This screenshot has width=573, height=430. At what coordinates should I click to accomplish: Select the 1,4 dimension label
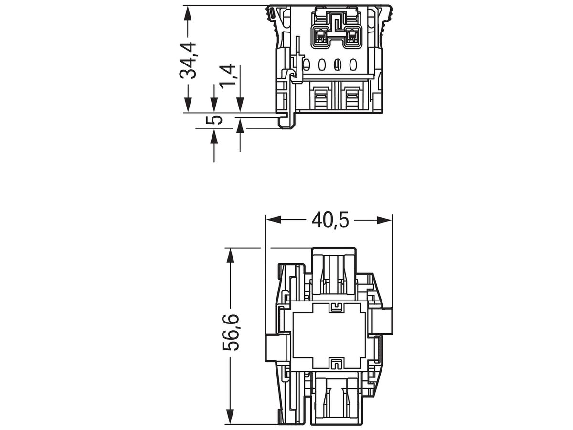click(228, 76)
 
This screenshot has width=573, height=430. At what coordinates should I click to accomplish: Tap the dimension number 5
click(216, 119)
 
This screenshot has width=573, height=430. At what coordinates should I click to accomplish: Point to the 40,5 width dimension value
click(330, 220)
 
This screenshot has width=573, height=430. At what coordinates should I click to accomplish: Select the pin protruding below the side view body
click(286, 121)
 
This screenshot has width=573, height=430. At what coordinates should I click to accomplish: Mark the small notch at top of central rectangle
click(337, 306)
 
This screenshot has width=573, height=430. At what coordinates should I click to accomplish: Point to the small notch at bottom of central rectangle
click(337, 364)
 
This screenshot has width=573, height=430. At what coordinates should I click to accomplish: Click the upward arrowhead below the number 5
click(214, 137)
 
